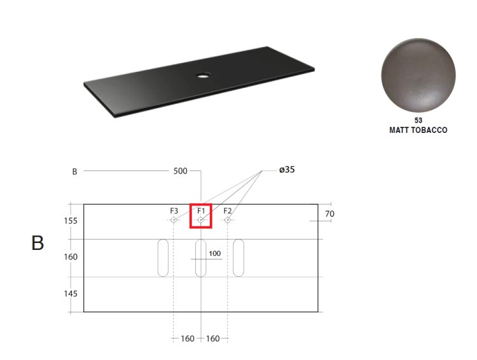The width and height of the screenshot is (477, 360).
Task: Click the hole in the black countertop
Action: click(204, 74)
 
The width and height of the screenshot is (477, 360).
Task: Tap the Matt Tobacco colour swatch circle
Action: click(418, 75)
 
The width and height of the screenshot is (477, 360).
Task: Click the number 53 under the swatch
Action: click(418, 120)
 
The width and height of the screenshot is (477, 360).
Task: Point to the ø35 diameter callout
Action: click(287, 169)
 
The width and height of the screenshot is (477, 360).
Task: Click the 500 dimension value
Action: click(181, 171)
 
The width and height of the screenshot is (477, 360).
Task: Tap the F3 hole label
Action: click(174, 211)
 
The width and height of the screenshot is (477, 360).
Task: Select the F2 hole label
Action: click(228, 211)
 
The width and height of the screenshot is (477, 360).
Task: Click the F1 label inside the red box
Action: click(201, 211)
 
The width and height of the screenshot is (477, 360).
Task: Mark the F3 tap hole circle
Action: click(174, 219)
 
